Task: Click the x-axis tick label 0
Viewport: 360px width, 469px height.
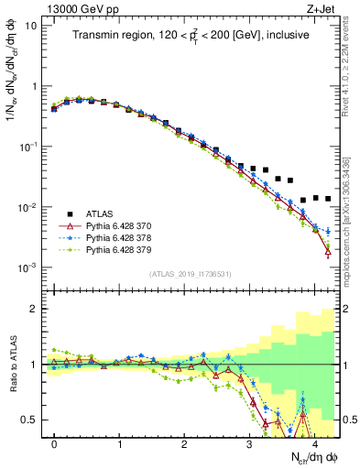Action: tap(54, 442)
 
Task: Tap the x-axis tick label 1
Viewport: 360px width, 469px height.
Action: tap(119, 442)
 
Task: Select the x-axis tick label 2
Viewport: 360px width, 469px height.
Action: tap(184, 442)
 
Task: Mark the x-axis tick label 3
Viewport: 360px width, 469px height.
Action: tap(249, 442)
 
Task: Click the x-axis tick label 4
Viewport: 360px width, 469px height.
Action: tap(314, 442)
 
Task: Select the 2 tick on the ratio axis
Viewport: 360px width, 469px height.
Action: tap(32, 309)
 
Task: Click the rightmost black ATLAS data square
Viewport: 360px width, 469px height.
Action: tap(328, 198)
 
